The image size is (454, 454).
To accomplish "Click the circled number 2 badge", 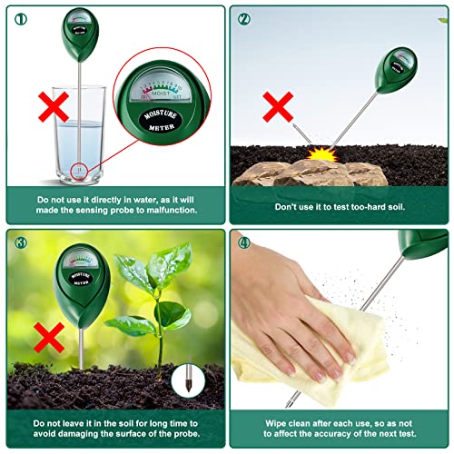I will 244,18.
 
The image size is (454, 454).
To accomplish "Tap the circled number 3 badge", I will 19,242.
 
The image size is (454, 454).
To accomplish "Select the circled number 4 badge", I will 244,243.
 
